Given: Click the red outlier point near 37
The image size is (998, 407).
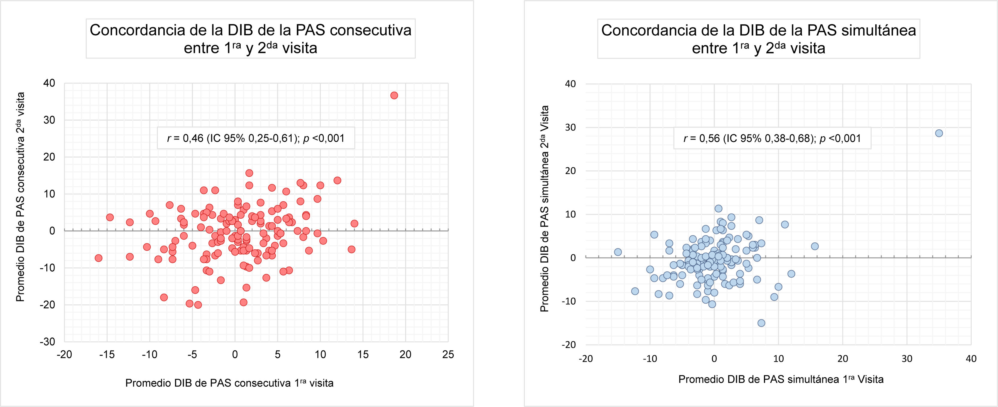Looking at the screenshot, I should (x=394, y=95).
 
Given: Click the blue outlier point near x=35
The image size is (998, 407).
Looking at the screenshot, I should (x=939, y=133).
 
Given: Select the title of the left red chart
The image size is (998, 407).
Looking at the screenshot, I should (x=250, y=39).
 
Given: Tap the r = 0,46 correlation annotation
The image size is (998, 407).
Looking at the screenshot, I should (x=256, y=138).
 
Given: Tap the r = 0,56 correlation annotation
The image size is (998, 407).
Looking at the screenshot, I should (x=772, y=138).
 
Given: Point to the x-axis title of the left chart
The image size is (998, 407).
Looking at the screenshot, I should (x=229, y=383).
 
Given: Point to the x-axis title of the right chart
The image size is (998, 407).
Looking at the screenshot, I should (x=781, y=379).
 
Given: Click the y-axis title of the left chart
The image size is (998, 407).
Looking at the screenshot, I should (x=20, y=197).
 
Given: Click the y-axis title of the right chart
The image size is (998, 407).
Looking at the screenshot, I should (x=544, y=208).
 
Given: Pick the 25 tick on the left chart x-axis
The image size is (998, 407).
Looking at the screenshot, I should (x=448, y=354).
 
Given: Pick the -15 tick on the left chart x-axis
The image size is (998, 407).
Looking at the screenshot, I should (x=107, y=354).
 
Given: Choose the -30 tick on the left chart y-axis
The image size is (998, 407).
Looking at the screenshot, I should (x=48, y=342).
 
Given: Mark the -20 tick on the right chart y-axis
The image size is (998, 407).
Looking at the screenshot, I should (x=569, y=345).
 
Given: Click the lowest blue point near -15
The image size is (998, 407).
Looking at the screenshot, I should (x=761, y=323).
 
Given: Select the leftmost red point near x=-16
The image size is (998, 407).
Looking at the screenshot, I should (x=98, y=258).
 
